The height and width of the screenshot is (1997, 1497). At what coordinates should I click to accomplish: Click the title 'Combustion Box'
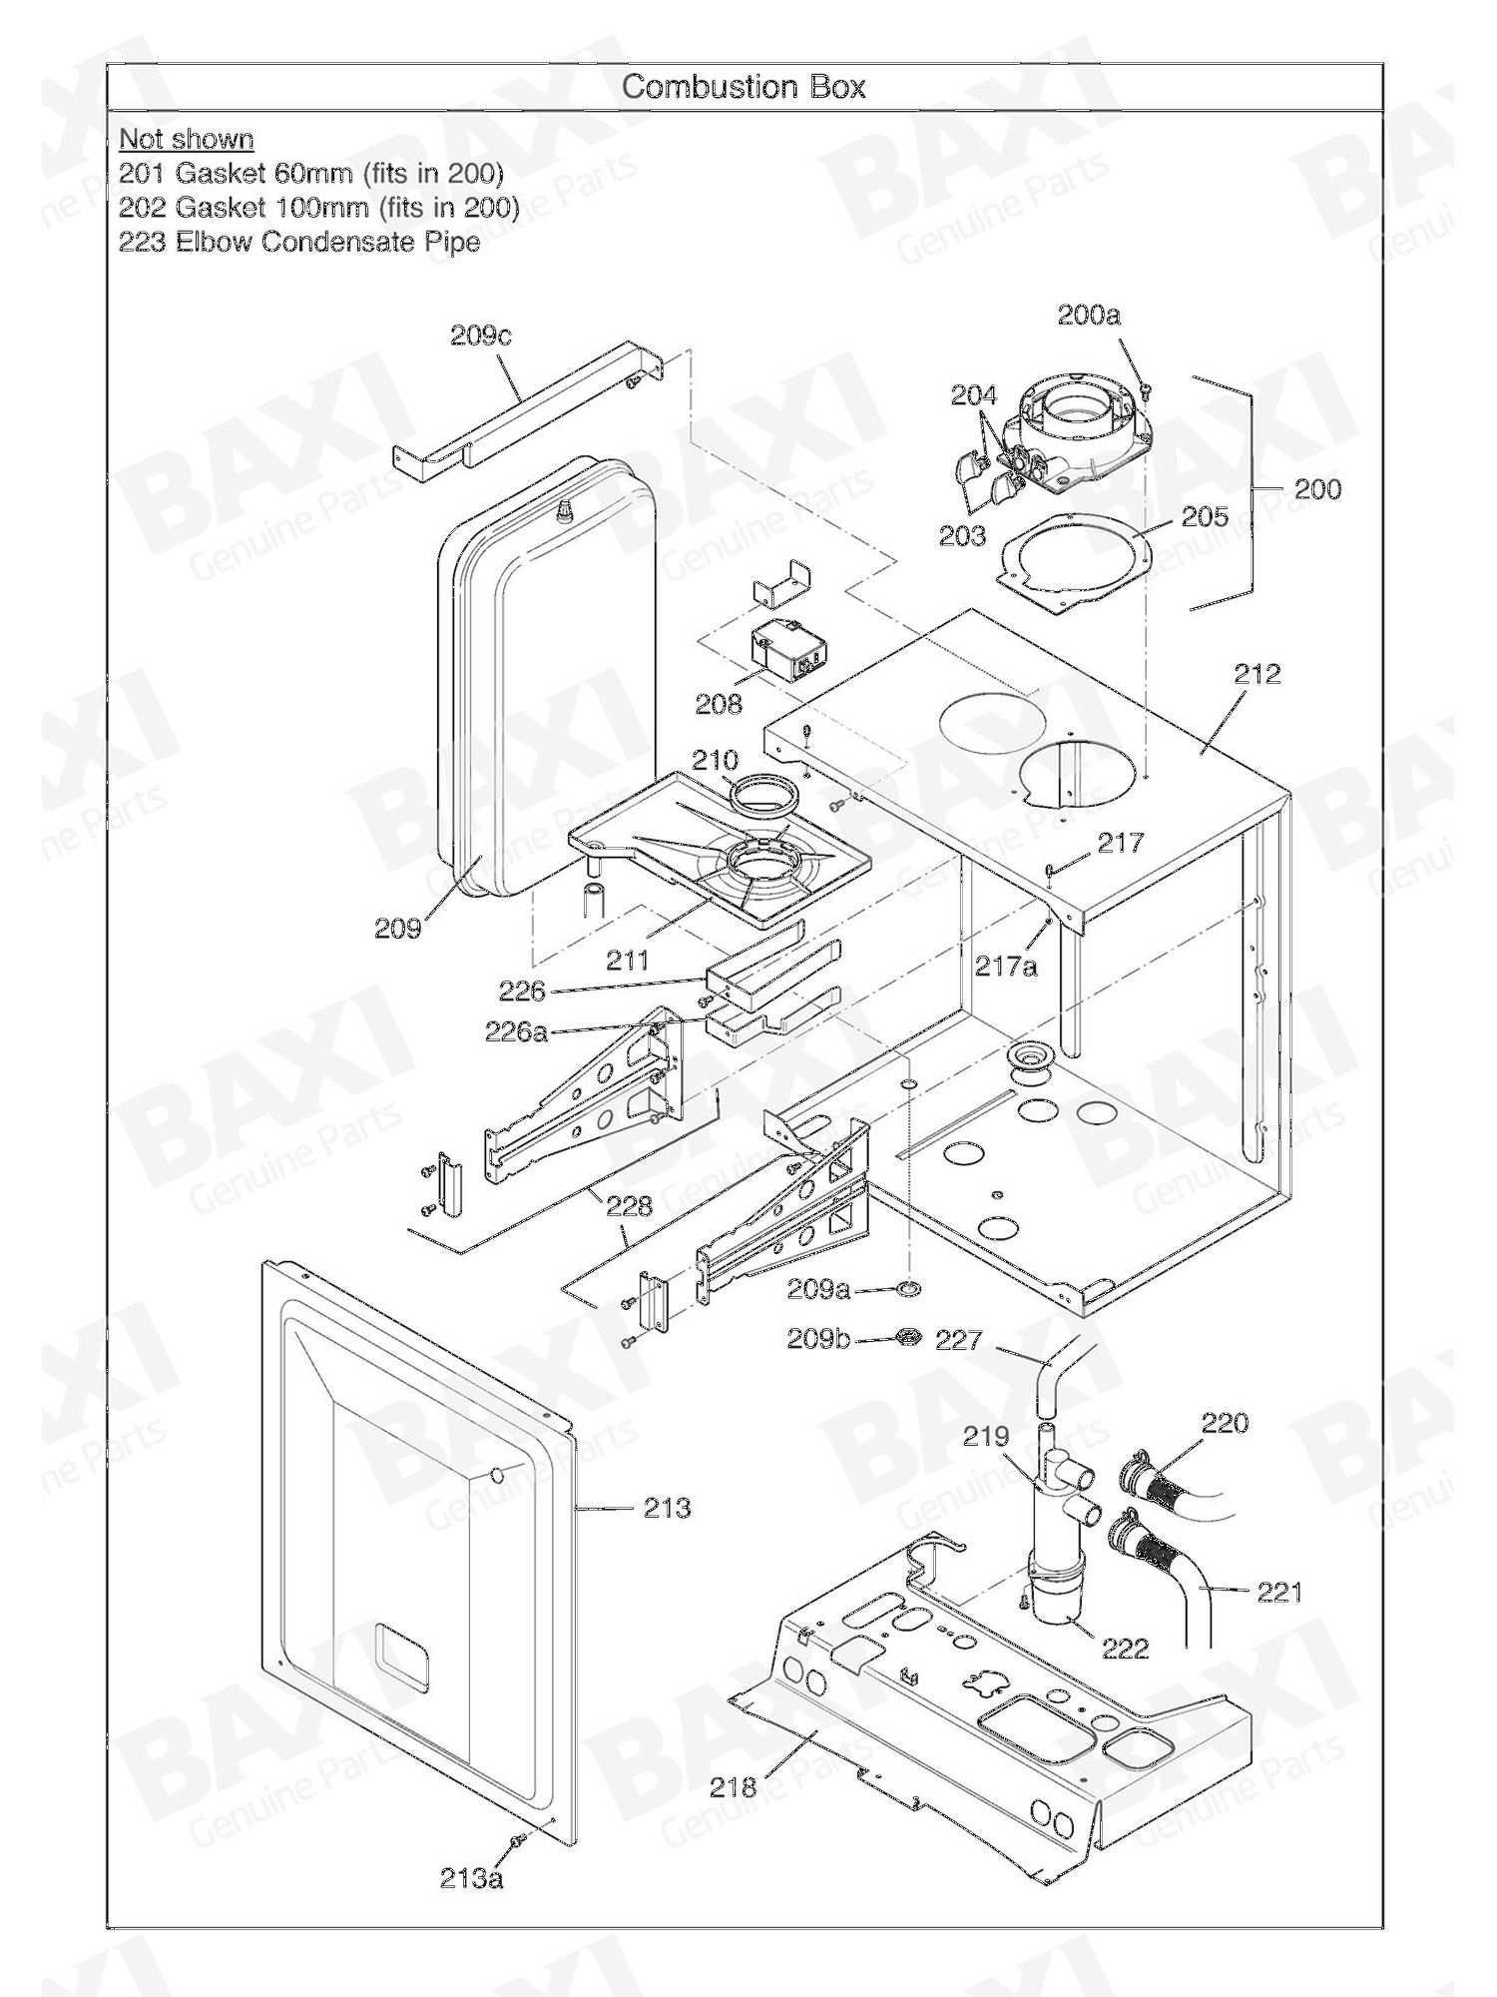tap(744, 87)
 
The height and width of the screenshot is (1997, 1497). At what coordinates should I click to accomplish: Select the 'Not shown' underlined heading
tap(186, 139)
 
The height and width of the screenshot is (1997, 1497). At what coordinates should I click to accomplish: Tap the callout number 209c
tap(480, 335)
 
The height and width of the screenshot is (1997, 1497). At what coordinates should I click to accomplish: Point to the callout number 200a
tap(1089, 316)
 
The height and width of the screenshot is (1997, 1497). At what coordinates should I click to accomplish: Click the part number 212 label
tap(1256, 674)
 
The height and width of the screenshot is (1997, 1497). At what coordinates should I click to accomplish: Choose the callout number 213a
tap(471, 1878)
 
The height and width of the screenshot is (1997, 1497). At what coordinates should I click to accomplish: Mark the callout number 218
tap(734, 1786)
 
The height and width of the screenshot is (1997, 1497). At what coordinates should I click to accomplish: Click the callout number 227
tap(958, 1339)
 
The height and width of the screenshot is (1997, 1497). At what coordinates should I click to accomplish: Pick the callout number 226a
tap(516, 1031)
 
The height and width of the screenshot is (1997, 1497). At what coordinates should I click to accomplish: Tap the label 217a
tap(1007, 966)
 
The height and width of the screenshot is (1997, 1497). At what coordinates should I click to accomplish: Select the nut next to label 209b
tap(908, 1337)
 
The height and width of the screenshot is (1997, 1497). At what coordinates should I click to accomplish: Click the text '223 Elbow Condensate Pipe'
tap(298, 242)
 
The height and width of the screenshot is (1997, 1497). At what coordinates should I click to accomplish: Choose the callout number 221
tap(1279, 1592)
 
